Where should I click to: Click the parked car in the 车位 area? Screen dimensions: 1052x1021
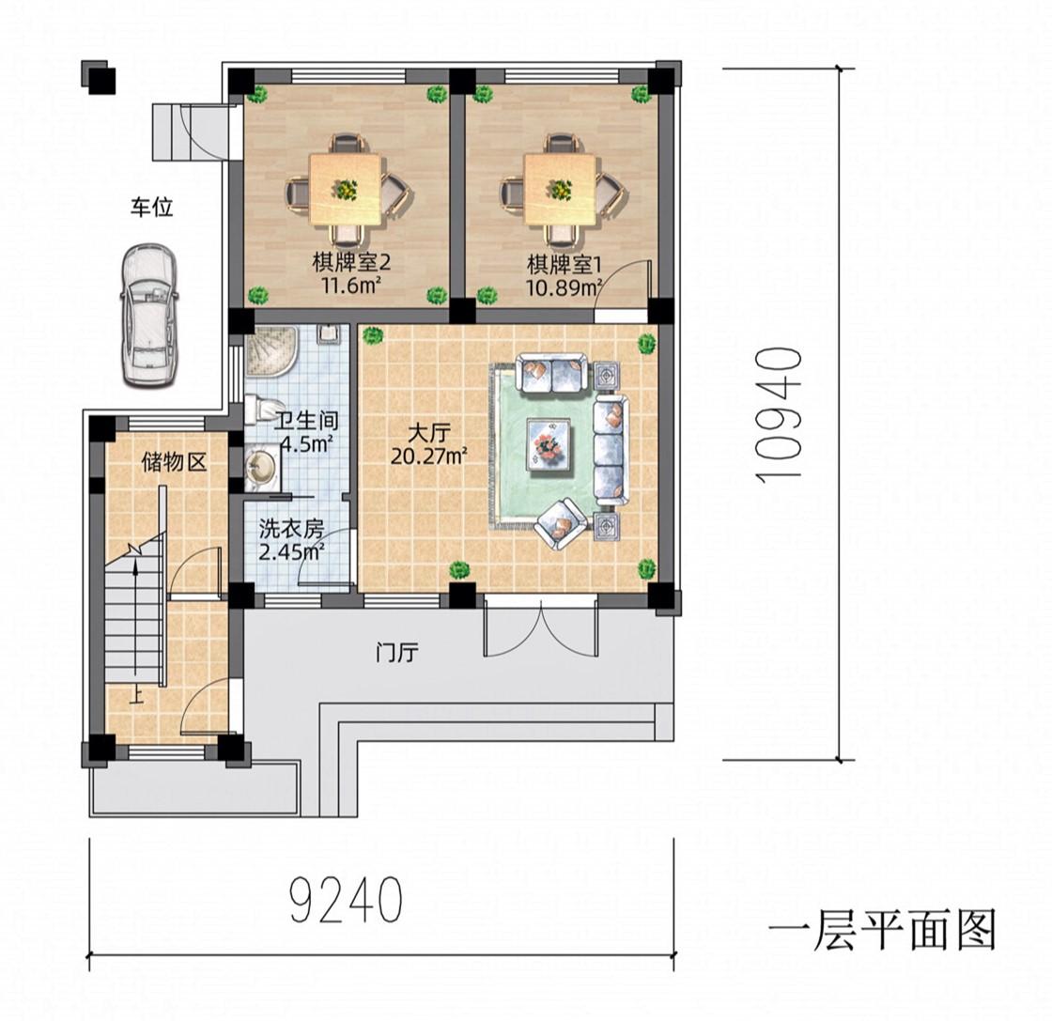click(x=149, y=316)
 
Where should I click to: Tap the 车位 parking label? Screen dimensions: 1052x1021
click(x=151, y=207)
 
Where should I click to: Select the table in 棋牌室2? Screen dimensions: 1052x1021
click(x=347, y=189)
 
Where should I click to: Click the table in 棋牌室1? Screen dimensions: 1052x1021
click(x=561, y=189)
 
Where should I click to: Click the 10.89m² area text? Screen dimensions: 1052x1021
click(x=564, y=287)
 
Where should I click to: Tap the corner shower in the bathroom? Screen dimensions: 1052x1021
click(x=267, y=351)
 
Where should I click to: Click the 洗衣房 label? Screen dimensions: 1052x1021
click(x=291, y=529)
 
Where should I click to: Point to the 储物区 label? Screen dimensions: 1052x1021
click(x=174, y=461)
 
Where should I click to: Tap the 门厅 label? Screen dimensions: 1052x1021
click(x=397, y=652)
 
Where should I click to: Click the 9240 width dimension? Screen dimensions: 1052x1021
click(x=347, y=900)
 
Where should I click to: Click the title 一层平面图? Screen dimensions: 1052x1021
click(x=882, y=929)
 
